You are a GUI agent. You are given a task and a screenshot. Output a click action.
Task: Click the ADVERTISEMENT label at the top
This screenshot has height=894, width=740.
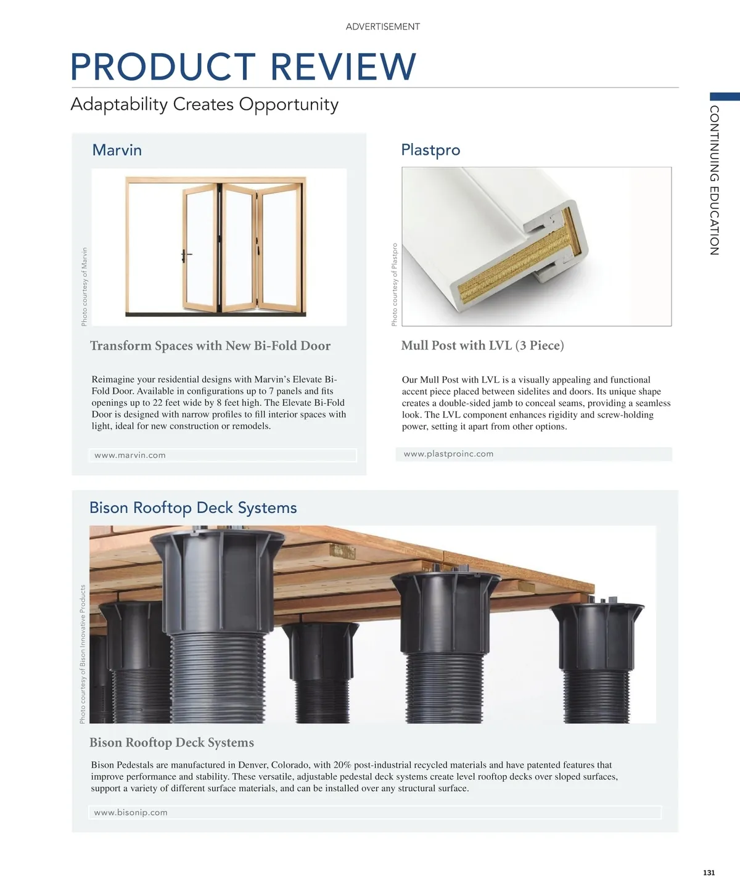pyautogui.click(x=382, y=27)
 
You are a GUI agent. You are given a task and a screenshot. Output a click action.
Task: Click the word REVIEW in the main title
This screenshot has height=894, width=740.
pyautogui.click(x=343, y=67)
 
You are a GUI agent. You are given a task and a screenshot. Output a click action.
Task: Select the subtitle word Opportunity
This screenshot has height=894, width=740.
pyautogui.click(x=289, y=104)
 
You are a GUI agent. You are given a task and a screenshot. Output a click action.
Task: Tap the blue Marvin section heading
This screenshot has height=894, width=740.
pyautogui.click(x=117, y=150)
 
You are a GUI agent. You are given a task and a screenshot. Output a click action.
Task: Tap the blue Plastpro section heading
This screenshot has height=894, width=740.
pyautogui.click(x=430, y=150)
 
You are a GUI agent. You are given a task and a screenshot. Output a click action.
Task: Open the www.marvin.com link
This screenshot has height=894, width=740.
pyautogui.click(x=130, y=455)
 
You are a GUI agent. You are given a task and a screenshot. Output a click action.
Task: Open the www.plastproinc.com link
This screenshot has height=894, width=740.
pyautogui.click(x=448, y=454)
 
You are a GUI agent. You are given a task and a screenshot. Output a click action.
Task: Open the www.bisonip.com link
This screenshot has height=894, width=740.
pyautogui.click(x=131, y=813)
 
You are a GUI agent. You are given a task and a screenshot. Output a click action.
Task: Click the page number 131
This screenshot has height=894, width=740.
pyautogui.click(x=709, y=872)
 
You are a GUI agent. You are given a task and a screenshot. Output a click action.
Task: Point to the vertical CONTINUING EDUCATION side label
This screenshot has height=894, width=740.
pyautogui.click(x=714, y=180)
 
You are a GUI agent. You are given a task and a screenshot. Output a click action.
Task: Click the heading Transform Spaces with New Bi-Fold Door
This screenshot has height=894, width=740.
pyautogui.click(x=210, y=346)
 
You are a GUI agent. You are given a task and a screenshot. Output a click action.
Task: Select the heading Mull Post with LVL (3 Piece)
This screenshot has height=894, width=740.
pyautogui.click(x=482, y=345)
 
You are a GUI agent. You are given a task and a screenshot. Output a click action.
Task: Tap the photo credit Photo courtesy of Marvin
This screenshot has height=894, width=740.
pyautogui.click(x=84, y=286)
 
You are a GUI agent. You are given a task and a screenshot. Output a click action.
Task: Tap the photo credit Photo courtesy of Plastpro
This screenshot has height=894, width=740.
pyautogui.click(x=395, y=284)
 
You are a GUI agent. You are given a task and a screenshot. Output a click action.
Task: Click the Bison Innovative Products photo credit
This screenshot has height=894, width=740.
pyautogui.click(x=83, y=654)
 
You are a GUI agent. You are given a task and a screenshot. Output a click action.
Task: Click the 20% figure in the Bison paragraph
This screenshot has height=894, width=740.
pyautogui.click(x=342, y=765)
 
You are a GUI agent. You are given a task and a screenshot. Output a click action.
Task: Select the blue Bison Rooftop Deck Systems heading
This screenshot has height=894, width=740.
pyautogui.click(x=193, y=508)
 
